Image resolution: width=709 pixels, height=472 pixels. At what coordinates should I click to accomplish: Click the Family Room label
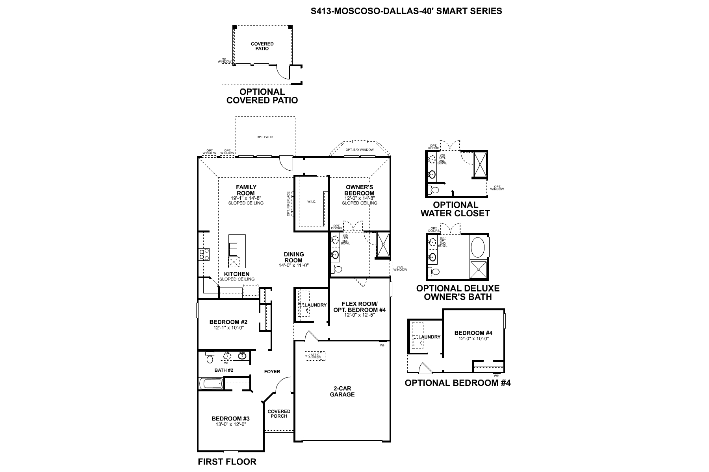246,190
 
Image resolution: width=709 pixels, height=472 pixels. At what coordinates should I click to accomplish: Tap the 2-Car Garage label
342,391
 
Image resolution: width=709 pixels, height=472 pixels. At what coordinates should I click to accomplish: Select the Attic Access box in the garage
315,356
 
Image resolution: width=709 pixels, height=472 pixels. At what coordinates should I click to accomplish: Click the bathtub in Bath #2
211,383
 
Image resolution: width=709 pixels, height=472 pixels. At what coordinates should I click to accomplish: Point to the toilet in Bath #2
209,358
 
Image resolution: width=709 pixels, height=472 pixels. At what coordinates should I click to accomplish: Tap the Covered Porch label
279,414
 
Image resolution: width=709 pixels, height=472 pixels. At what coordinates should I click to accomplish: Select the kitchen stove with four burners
204,254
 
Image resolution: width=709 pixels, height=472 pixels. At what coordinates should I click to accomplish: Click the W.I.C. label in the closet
312,202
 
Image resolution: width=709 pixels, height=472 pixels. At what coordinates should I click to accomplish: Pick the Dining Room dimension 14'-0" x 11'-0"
293,265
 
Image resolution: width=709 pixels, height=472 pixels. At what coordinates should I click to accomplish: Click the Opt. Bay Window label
359,150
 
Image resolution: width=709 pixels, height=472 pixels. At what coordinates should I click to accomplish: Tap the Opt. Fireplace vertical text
288,204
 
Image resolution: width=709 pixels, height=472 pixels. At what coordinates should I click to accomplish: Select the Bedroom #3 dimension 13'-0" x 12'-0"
230,424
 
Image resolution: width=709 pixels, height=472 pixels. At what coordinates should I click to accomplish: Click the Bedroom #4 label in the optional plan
473,333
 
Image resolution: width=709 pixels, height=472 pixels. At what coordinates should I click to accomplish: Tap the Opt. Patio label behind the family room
265,137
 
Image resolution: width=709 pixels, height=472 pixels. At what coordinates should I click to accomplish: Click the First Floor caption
227,462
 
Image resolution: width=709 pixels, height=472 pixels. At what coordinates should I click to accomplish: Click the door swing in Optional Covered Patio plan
283,71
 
